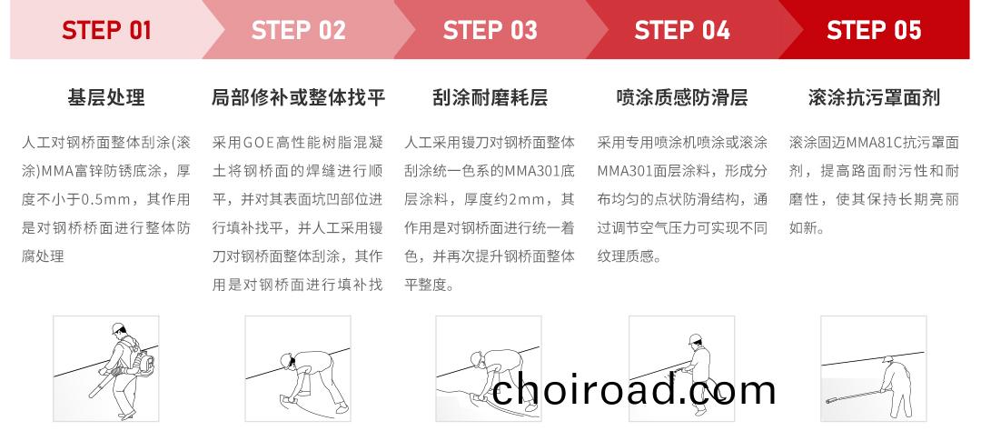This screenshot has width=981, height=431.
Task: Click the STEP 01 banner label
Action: pos(106,30)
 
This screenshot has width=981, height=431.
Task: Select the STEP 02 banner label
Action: pos(298,30)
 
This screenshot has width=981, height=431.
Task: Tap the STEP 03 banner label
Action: pos(490,30)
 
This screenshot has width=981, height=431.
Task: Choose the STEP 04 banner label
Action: pos(682,30)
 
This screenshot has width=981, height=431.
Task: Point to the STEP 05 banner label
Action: pos(874,30)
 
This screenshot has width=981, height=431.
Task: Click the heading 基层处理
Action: pos(106,97)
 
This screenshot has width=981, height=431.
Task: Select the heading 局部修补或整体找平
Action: pos(298,97)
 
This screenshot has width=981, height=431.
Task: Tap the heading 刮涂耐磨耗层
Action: pos(490,97)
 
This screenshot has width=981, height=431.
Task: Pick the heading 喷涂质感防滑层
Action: pos(682,97)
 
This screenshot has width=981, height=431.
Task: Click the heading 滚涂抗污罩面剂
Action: pos(874,97)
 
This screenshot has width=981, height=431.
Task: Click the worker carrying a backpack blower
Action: pos(106,368)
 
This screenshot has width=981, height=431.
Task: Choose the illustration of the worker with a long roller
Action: pos(874,368)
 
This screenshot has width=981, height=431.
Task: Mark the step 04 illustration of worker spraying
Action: pos(682,368)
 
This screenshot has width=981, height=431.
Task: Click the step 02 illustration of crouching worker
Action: pos(298,368)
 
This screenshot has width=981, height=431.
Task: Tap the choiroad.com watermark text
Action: pos(635,389)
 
